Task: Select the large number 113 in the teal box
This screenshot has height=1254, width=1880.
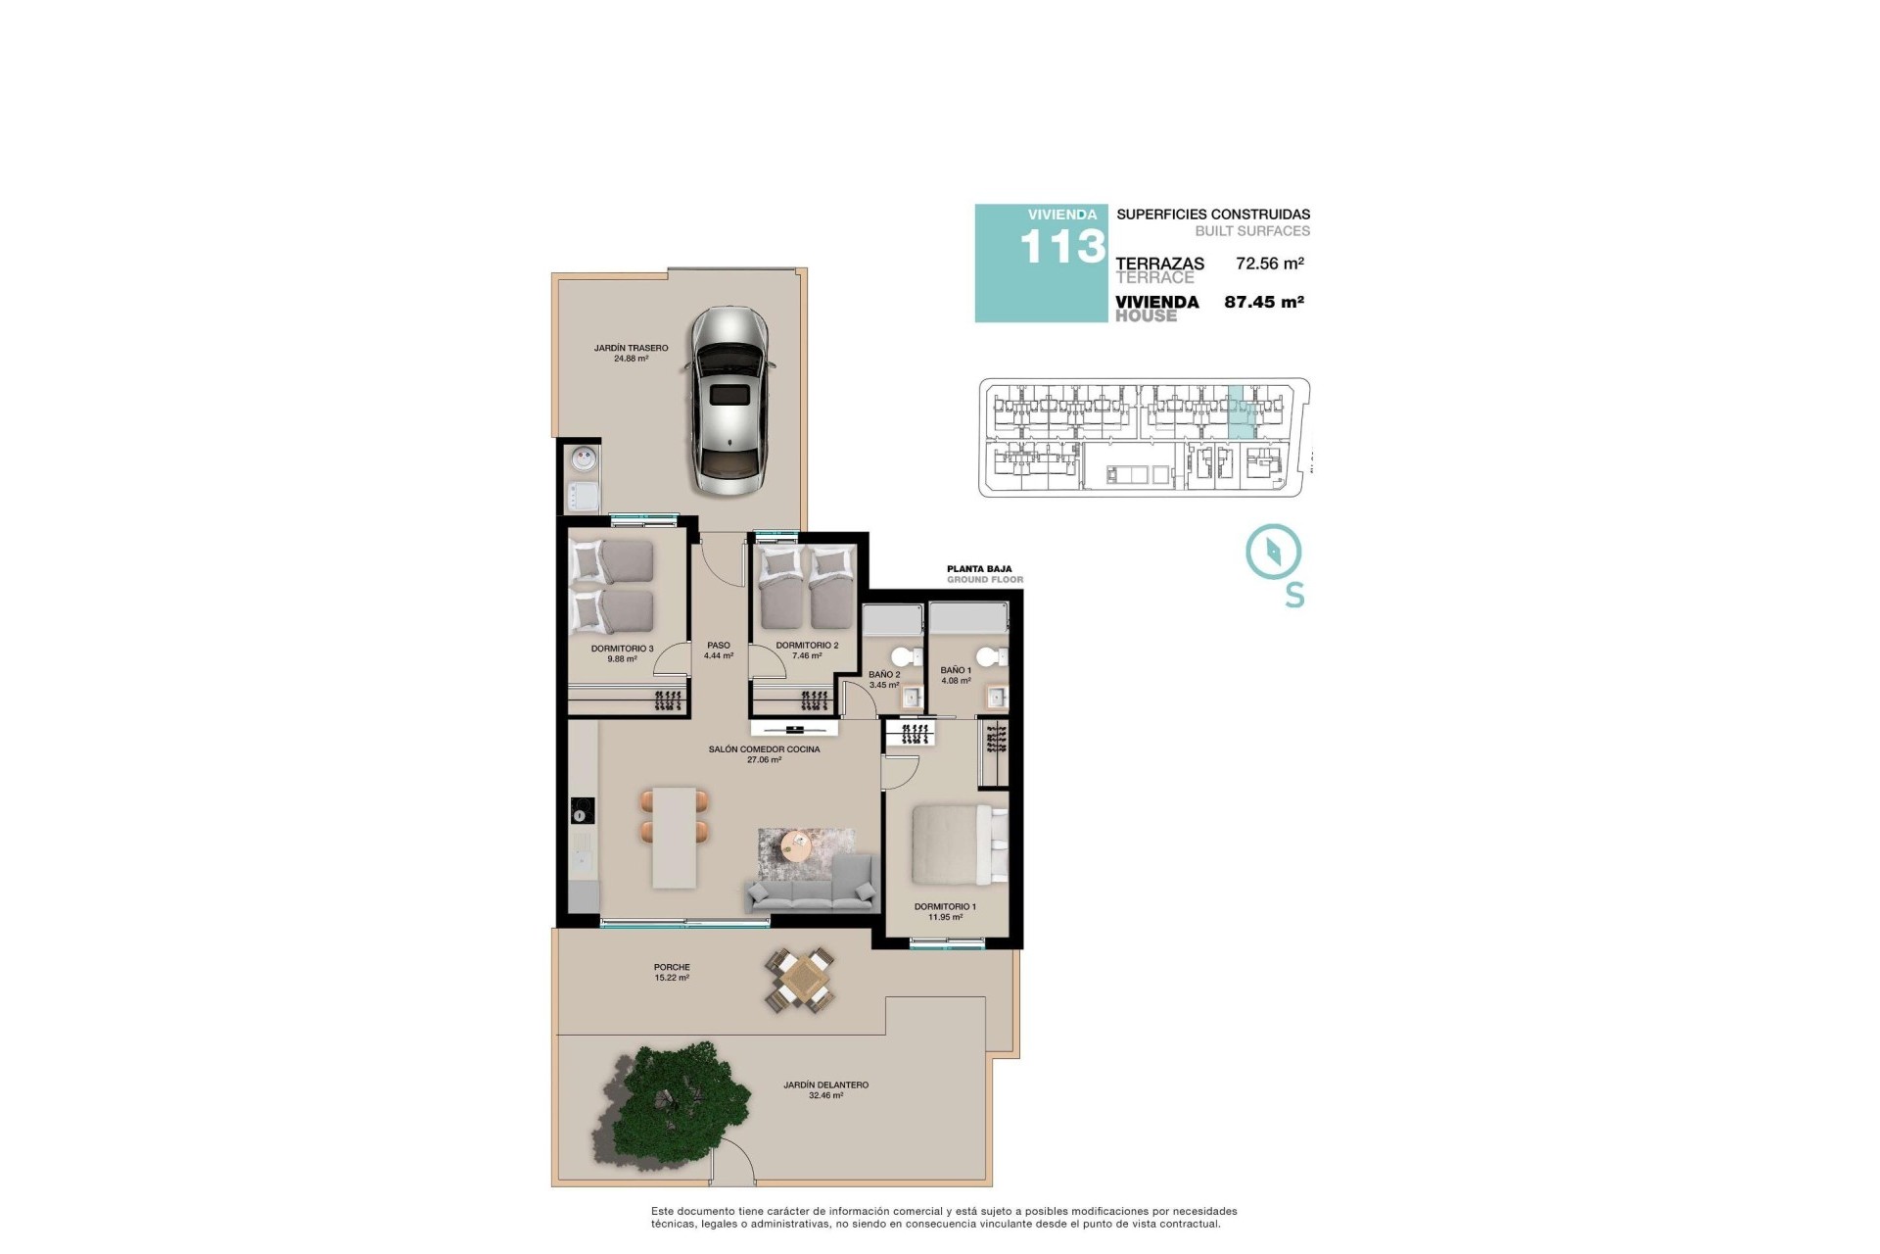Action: [1062, 247]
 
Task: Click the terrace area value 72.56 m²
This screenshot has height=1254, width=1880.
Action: [1269, 264]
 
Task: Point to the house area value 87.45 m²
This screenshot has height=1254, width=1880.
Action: [1264, 303]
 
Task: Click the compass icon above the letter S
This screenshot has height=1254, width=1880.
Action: [1273, 552]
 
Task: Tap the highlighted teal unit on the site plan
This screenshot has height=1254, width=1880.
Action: [1242, 412]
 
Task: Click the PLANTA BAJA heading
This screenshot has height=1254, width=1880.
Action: [979, 568]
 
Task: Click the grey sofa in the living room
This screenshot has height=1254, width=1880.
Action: [811, 882]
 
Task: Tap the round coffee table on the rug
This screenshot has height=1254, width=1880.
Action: [799, 844]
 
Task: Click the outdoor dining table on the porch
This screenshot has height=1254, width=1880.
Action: [801, 980]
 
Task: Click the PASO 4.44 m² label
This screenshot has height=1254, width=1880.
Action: [718, 651]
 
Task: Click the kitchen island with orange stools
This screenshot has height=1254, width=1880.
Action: [675, 838]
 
